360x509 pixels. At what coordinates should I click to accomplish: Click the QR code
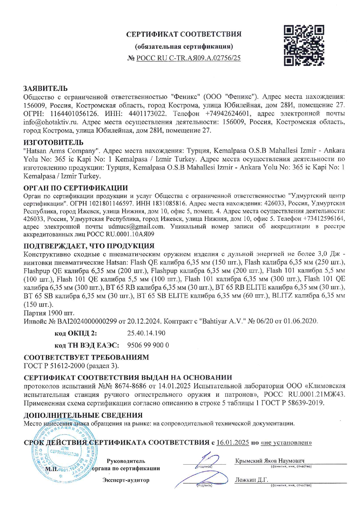coord(304,45)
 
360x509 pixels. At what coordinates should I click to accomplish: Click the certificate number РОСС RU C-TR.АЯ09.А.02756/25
coord(188,58)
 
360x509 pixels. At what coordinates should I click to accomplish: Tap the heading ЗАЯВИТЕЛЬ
coord(46,88)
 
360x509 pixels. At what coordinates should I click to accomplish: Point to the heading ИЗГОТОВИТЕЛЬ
coord(53,142)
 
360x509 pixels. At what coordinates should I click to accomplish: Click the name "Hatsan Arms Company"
coord(61,151)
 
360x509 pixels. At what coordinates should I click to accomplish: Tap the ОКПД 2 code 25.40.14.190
coord(146,333)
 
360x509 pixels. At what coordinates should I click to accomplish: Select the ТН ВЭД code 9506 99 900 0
coord(148,345)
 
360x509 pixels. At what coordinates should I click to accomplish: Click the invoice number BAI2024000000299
coord(87,322)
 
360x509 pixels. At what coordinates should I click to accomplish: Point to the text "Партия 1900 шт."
coord(49,313)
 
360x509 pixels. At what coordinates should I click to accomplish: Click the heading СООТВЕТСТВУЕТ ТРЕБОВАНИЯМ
coord(86,357)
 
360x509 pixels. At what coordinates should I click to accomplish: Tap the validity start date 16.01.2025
coord(233,443)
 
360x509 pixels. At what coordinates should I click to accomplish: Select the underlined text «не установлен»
coord(286,443)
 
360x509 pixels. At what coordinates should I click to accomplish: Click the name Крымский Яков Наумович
coord(270,461)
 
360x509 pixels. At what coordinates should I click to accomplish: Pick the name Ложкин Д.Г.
coord(251,480)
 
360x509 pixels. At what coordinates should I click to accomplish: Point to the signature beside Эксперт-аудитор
coord(203,479)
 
